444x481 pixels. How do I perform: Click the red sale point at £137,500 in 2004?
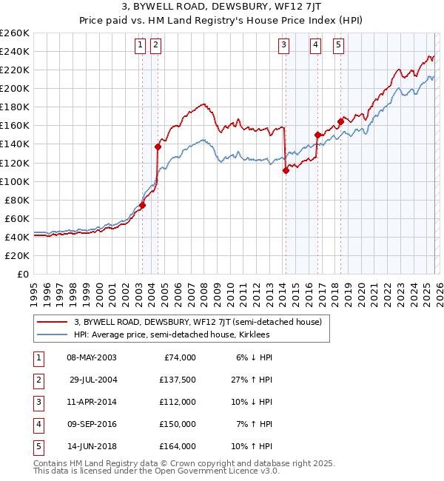[158, 147]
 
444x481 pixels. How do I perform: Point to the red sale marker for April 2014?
[285, 170]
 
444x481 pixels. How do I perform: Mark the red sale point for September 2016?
[317, 135]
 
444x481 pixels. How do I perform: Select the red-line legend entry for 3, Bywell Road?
[197, 322]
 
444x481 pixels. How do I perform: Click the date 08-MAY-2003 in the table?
[91, 357]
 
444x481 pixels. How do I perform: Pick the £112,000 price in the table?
[178, 402]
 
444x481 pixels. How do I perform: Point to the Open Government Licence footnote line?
[157, 471]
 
